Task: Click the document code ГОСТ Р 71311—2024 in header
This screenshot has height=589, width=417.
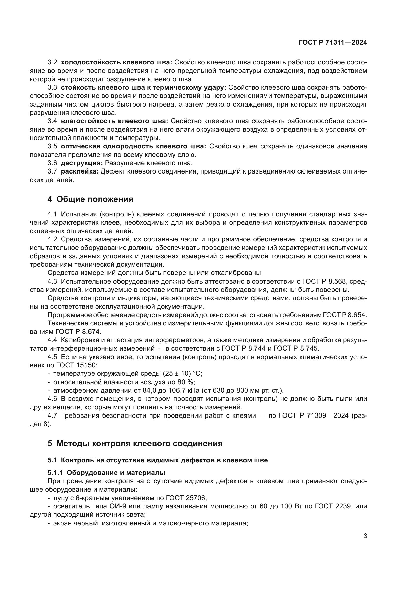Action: [333, 43]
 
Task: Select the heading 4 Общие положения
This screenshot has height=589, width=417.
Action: [91, 199]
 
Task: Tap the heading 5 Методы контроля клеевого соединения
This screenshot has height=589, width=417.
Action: [135, 443]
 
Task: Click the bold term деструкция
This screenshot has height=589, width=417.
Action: [82, 163]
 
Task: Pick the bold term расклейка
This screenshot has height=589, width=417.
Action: [80, 171]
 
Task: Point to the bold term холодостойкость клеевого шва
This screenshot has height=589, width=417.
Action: [116, 62]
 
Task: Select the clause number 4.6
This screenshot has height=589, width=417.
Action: [52, 399]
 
